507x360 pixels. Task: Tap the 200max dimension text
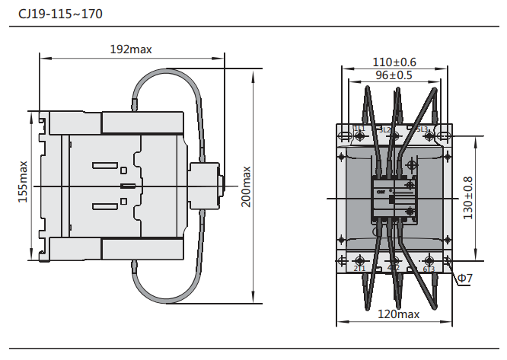click(x=245, y=186)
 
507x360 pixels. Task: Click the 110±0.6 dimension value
click(x=394, y=62)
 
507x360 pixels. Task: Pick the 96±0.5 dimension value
click(x=394, y=75)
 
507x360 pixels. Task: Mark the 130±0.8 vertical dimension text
click(x=467, y=198)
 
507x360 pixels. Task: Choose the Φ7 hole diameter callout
click(x=465, y=279)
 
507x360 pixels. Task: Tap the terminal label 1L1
click(x=359, y=129)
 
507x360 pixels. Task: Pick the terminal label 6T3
click(x=429, y=269)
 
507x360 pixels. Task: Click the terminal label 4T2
click(x=394, y=268)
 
